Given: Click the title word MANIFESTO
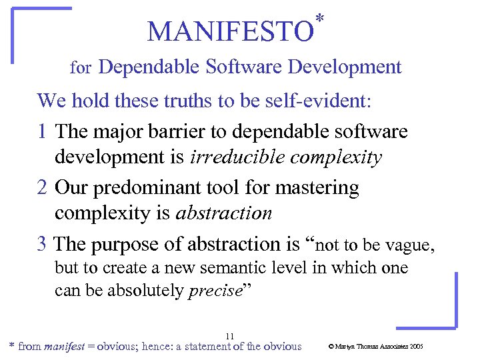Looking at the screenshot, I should tap(230, 31).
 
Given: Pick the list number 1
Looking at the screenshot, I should tap(43, 131).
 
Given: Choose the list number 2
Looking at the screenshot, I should tap(43, 188).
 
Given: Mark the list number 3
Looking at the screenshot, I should tap(43, 245).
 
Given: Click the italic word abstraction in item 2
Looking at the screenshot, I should tap(223, 213).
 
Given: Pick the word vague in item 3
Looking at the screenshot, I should tap(410, 245).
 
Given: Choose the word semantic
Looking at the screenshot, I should tap(220, 269).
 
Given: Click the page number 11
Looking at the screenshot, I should tap(230, 335).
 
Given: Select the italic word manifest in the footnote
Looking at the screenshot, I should tap(65, 347).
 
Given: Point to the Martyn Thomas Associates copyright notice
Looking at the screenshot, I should tap(376, 347).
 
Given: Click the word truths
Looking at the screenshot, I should tap(161, 101).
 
